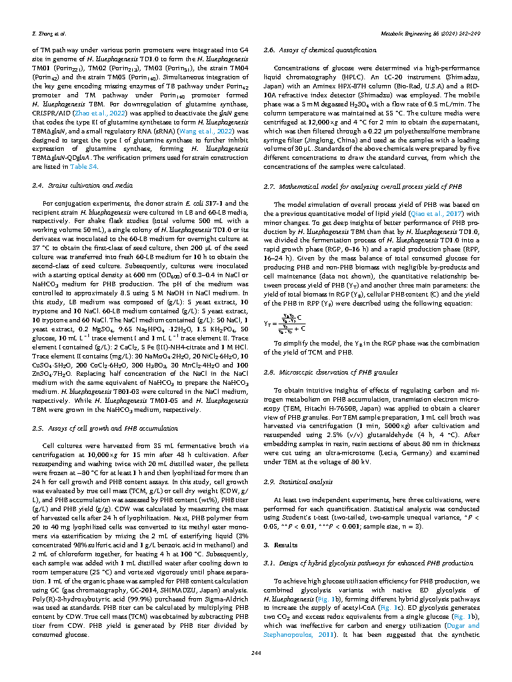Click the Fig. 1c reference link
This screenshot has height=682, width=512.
(397, 589)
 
